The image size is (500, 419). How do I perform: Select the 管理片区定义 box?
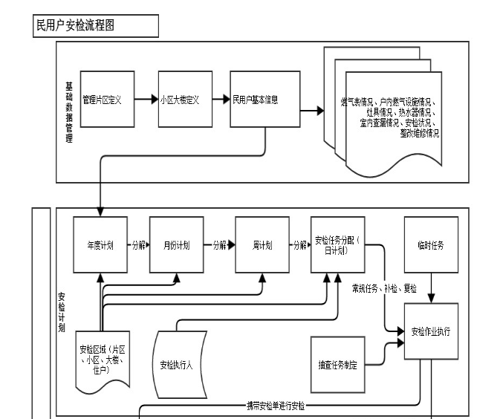(x=102, y=99)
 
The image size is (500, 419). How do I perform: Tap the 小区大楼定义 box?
(x=180, y=99)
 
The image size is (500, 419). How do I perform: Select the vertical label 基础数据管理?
(x=69, y=111)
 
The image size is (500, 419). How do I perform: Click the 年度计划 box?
(x=100, y=244)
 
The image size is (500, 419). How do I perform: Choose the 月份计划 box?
(x=177, y=244)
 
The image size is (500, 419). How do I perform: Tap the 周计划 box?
(x=262, y=244)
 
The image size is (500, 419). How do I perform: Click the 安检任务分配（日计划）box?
(x=336, y=244)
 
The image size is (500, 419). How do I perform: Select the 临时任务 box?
(x=431, y=244)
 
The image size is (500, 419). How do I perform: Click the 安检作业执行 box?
(x=431, y=331)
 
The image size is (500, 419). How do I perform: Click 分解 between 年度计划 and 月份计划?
(x=137, y=244)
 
